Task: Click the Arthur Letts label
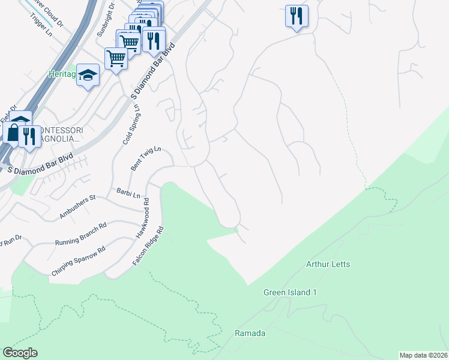[x=328, y=264]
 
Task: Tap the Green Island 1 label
[x=290, y=293]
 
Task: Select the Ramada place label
[x=250, y=333]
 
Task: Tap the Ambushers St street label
[x=77, y=206]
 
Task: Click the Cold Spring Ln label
[x=131, y=125]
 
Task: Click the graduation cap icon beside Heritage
[x=88, y=76]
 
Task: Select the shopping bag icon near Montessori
[x=13, y=132]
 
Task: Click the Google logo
[x=20, y=353]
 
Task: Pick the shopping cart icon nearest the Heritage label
[x=116, y=58]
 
